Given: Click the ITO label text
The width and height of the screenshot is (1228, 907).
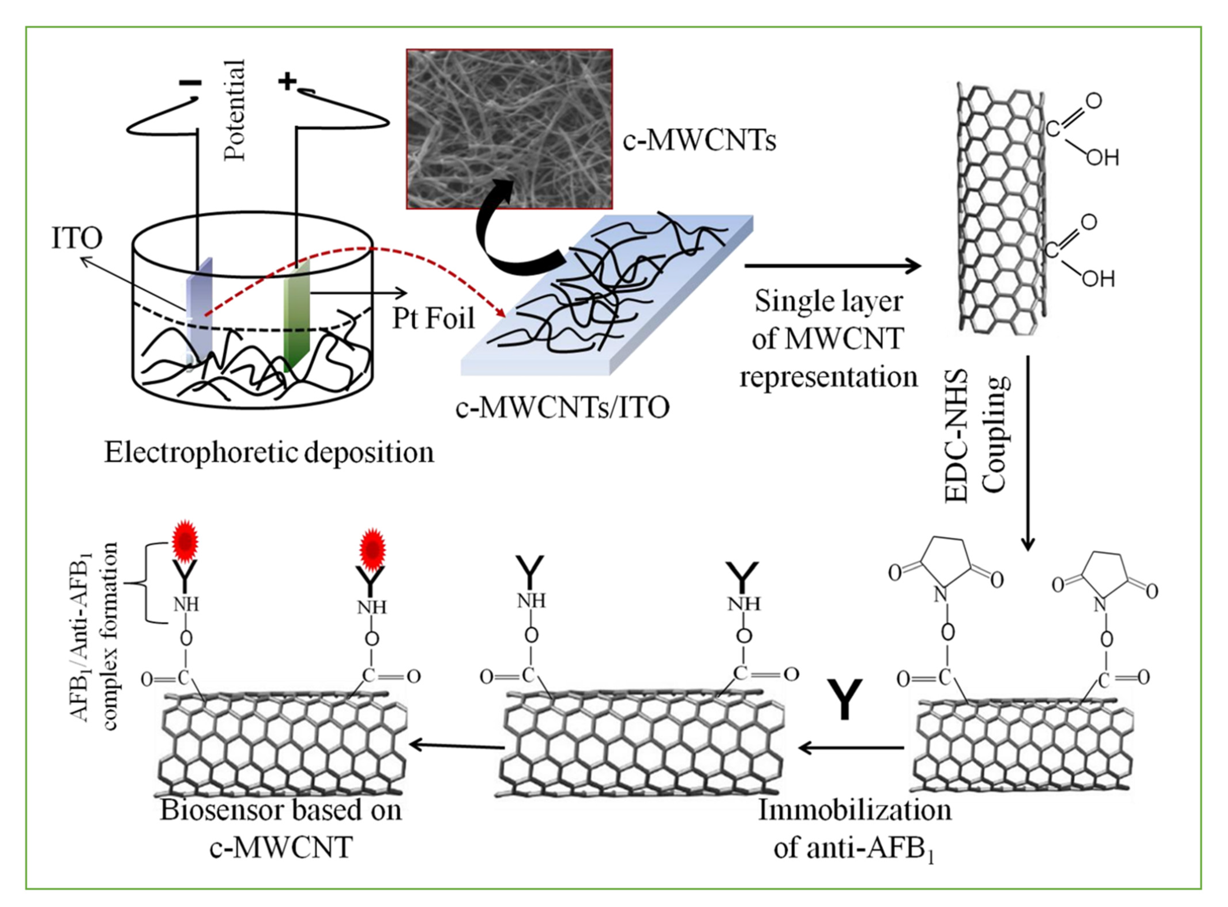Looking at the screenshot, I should (77, 239).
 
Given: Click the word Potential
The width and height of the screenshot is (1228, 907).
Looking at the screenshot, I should (235, 110).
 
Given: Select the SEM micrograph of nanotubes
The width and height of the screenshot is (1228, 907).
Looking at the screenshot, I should (509, 129).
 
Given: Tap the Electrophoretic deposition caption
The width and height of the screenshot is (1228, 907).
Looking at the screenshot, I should (269, 453).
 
